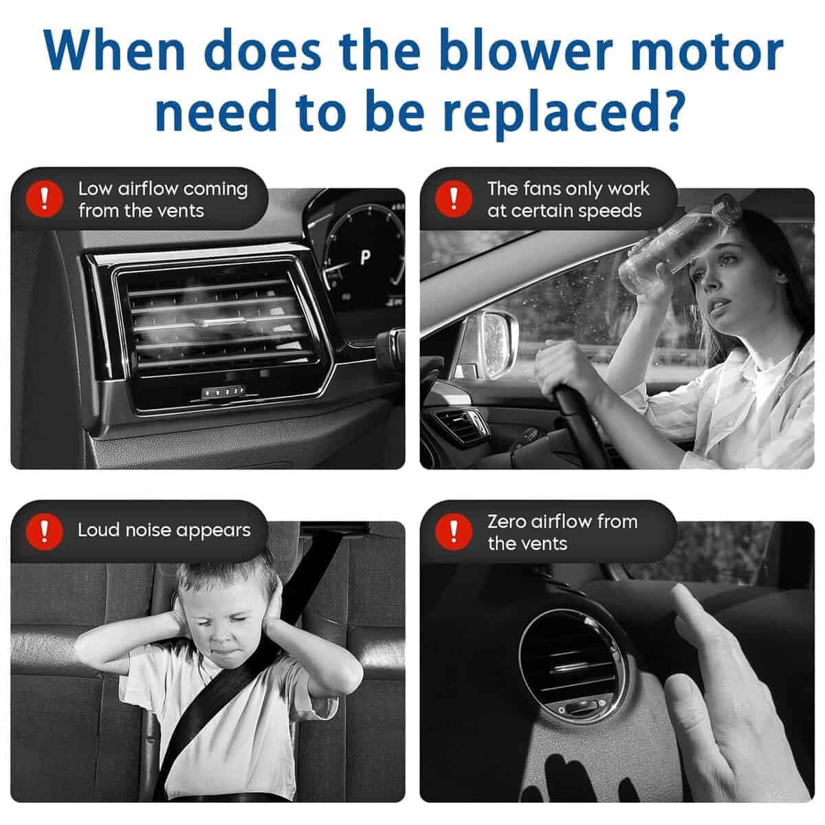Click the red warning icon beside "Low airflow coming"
pos(45,199)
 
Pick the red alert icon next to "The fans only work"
pos(454,199)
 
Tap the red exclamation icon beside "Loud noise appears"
pos(45,531)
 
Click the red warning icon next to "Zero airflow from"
pos(454,531)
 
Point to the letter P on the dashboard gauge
pos(365,257)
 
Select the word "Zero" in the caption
pos(507,521)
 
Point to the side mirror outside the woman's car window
pos(488,343)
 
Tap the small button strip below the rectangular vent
pos(223,391)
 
